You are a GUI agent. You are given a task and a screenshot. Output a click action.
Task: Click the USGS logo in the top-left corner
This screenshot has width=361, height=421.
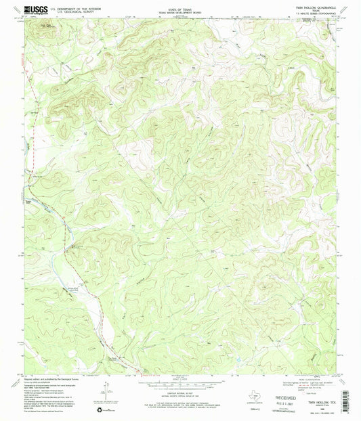[x=33, y=9]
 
